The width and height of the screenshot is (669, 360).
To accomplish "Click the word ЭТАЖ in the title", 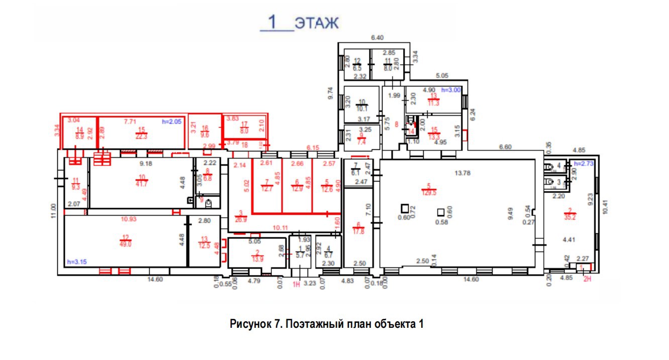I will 317,23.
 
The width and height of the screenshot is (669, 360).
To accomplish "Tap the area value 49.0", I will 125,244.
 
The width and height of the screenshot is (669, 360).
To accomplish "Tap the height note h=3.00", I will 450,89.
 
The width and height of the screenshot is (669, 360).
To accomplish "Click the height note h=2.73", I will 584,164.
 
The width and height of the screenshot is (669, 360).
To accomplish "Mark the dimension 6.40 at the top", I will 377,37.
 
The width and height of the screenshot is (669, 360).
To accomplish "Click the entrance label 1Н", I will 296,285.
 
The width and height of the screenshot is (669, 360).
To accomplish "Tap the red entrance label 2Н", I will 586,277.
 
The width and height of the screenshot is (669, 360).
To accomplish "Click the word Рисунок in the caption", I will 251,324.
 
